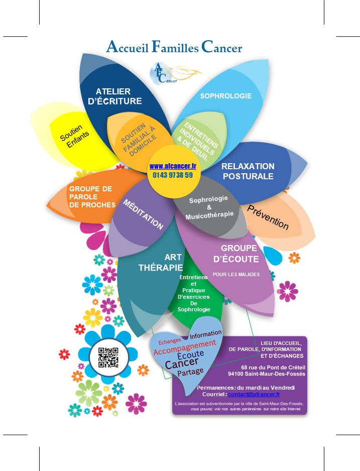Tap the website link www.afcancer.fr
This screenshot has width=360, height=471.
pos(172,166)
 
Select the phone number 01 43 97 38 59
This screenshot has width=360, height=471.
pos(172,175)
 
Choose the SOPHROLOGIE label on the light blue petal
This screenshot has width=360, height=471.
pos(226,95)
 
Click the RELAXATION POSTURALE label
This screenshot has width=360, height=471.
pos(248,171)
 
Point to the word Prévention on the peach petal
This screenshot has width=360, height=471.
pos(268,217)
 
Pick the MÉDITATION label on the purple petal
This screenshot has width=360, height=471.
pos(144,214)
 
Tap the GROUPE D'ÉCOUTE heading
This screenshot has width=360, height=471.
pos(239,254)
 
